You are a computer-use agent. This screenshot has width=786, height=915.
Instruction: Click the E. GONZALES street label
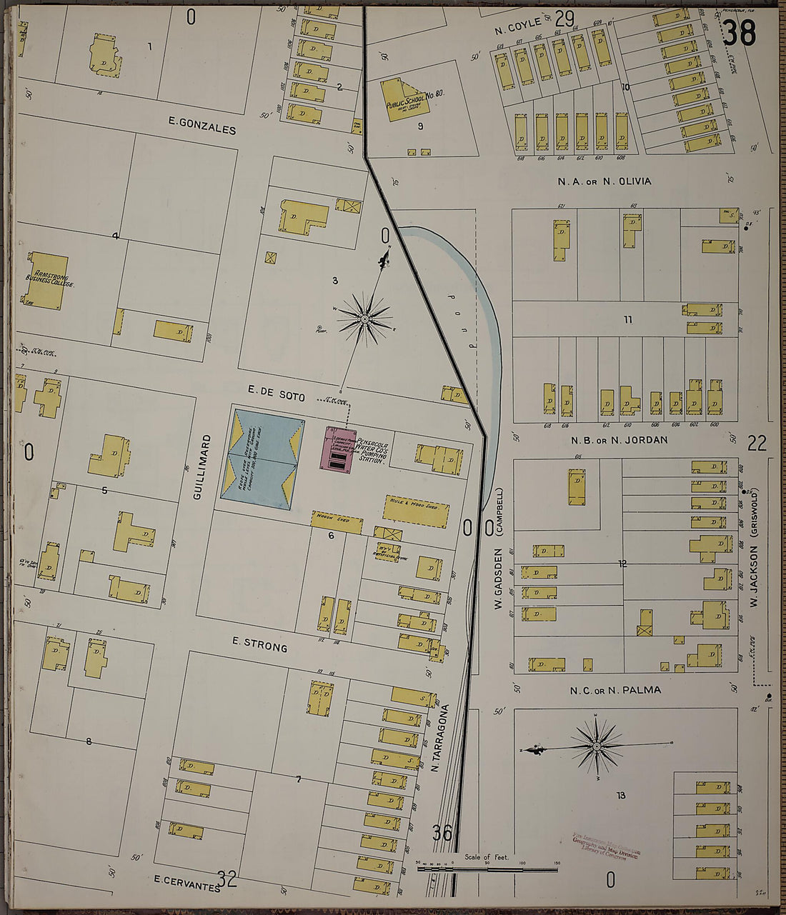click(x=202, y=126)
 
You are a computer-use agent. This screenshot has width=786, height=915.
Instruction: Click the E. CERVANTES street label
click(x=186, y=884)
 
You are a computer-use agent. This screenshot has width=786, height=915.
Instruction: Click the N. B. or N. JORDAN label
click(x=619, y=440)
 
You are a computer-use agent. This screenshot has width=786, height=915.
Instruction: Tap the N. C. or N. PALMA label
click(x=615, y=690)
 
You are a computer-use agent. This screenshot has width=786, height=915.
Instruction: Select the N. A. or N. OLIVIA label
click(x=605, y=181)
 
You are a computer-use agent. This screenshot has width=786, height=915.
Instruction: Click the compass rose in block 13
click(x=596, y=746)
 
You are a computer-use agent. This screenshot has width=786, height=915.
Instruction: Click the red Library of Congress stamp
click(x=607, y=846)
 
